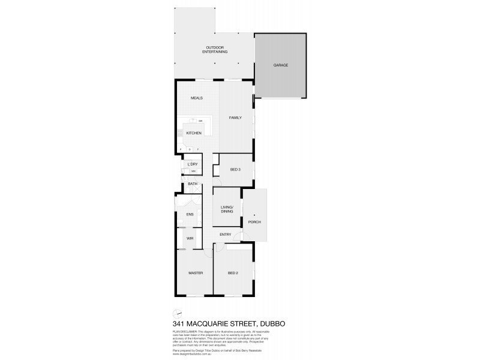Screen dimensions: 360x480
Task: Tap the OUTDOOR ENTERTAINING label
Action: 214,50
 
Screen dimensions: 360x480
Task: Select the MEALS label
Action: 197,98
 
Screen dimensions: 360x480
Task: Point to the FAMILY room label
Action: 235,118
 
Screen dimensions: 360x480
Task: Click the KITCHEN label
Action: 193,133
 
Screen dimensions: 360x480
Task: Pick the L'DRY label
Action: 193,164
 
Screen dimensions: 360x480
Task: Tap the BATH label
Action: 193,184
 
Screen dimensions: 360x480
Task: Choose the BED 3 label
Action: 235,169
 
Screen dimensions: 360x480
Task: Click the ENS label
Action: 190,214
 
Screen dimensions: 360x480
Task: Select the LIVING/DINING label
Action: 227,209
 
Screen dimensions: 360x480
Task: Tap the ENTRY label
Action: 226,234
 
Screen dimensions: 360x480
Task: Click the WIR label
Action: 190,238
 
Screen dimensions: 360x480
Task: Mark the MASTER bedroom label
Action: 195,273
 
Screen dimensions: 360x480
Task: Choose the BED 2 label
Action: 233,273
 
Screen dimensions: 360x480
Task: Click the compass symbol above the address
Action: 176,313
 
